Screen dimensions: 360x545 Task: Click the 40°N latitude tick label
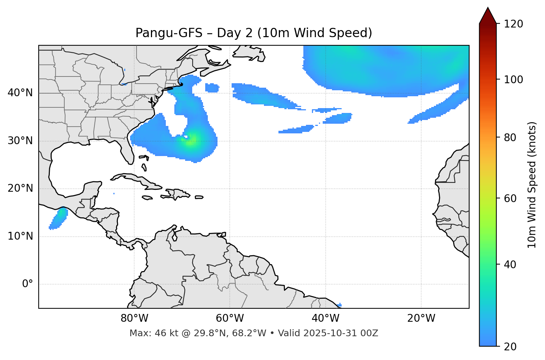(20, 93)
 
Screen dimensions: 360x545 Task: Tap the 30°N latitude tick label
(20, 141)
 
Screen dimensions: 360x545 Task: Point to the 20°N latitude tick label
(20, 188)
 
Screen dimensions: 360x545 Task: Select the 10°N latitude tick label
(20, 236)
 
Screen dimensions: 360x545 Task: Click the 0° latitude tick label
(28, 284)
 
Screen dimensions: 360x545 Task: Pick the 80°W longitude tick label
(134, 318)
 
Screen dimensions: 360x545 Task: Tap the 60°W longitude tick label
(230, 318)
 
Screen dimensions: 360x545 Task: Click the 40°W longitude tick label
(325, 318)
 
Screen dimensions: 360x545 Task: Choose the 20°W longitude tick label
(421, 318)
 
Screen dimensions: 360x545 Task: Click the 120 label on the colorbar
(513, 24)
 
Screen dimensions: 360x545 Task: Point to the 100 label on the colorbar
(513, 80)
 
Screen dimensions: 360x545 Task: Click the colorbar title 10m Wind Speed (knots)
(532, 185)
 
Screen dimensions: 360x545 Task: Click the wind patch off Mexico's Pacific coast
(59, 218)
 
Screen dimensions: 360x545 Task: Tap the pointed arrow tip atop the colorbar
(488, 9)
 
